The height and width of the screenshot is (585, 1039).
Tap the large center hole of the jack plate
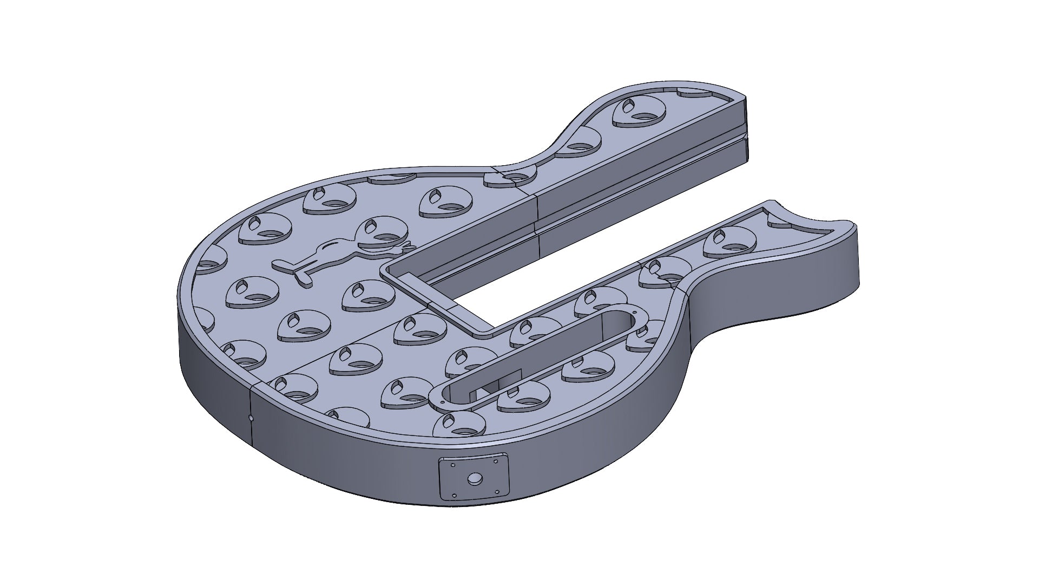(x=475, y=479)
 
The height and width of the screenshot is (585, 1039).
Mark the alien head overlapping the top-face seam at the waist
(x=509, y=177)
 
